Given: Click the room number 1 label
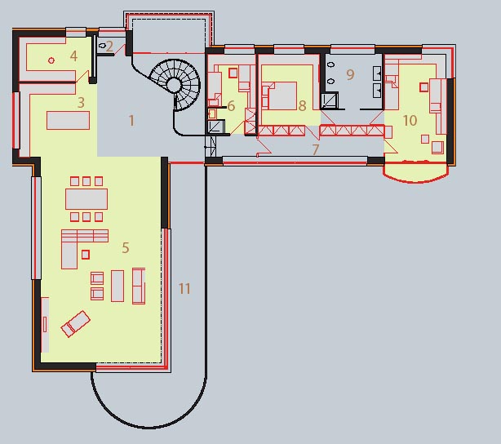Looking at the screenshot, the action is pos(131,121).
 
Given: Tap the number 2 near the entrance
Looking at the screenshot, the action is pos(109,47).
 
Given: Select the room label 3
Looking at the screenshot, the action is pos(81,103).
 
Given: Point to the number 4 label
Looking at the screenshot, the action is pos(73,56).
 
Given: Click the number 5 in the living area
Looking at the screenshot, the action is pos(126,248).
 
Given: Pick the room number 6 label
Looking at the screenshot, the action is pos(231,106).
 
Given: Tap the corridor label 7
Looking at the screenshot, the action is pos(316,149).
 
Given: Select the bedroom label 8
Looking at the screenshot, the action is pos(302,106).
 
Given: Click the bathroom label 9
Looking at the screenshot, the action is pos(350,75).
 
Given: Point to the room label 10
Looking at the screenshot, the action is pos(410,121).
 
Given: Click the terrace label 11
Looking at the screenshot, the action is pos(184,289).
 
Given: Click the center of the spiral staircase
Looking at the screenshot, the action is pos(174,85).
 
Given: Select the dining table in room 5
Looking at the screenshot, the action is pos(86,199).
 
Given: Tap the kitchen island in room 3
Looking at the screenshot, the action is pos(68,120).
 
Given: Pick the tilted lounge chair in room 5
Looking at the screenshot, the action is pos(76,323).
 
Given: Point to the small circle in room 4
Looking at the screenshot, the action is pos(51,60).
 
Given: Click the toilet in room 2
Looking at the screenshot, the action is pos(103,46).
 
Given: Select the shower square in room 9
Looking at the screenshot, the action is pos(330,100).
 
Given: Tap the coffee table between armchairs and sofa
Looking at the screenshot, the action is pos(117,286).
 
